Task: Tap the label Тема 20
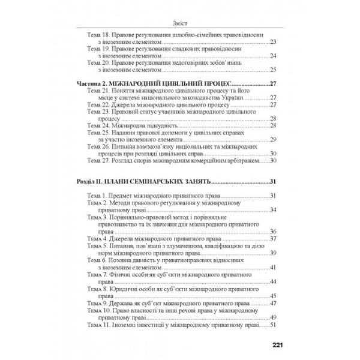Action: coord(98,62)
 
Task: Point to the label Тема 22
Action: coord(98,104)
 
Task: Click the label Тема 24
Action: coord(98,125)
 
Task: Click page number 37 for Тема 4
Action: coord(273,238)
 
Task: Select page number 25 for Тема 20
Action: coord(273,69)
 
